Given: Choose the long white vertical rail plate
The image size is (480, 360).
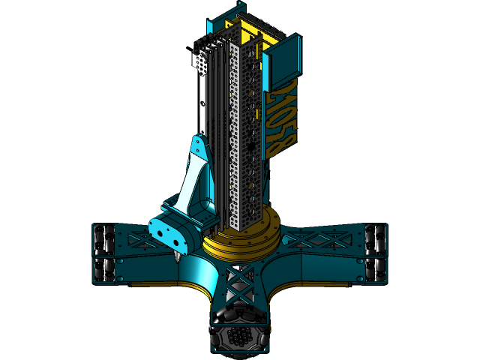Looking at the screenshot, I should pos(202,112).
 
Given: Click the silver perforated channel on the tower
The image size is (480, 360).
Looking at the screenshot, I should pos(244,135).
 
